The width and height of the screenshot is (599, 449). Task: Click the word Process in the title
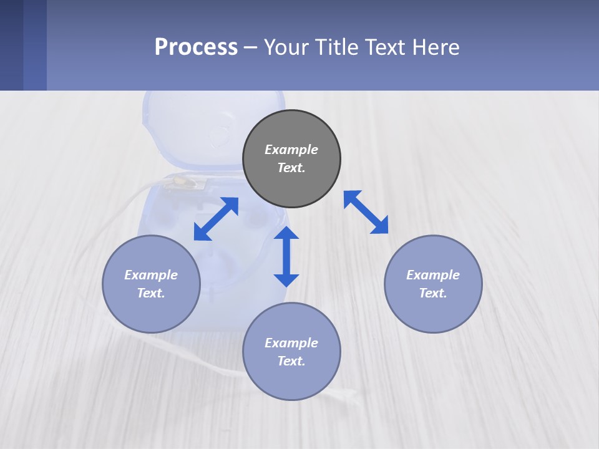pos(196,47)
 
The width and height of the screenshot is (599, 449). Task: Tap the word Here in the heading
pos(436,47)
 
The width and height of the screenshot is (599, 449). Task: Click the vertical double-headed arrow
pos(286,256)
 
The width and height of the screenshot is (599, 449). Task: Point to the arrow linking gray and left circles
pos(216,219)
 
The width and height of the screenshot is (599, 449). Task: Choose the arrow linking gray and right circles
pos(366,212)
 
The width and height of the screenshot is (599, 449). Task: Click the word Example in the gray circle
pos(291,150)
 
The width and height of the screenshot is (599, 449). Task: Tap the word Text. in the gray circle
pos(291,168)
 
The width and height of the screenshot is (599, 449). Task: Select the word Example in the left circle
pos(151,275)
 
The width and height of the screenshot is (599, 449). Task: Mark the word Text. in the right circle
pos(433,293)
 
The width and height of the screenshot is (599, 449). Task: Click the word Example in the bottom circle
pos(291,343)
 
